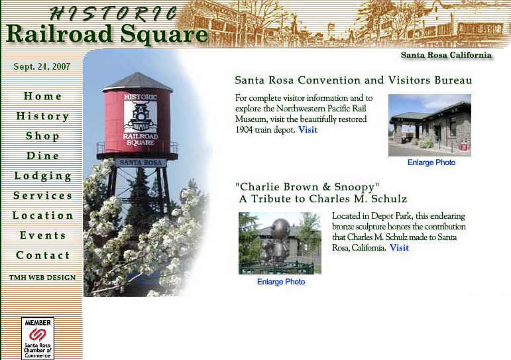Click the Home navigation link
[42, 96]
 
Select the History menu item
[42, 116]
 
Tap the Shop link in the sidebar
[42, 136]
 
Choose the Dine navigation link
[42, 156]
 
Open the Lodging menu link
[42, 176]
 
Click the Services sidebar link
[42, 196]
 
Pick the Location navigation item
[42, 215]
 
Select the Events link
[42, 235]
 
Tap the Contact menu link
[42, 255]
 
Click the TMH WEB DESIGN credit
[42, 278]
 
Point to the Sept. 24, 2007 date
[42, 66]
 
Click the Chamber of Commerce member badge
[38, 339]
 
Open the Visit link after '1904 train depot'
[308, 130]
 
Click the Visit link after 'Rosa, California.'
[399, 248]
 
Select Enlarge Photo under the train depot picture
[431, 162]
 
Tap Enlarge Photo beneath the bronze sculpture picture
[281, 282]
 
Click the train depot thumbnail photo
[429, 125]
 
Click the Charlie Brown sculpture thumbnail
[280, 243]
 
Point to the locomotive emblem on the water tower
[141, 117]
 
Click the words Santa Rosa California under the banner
[446, 55]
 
